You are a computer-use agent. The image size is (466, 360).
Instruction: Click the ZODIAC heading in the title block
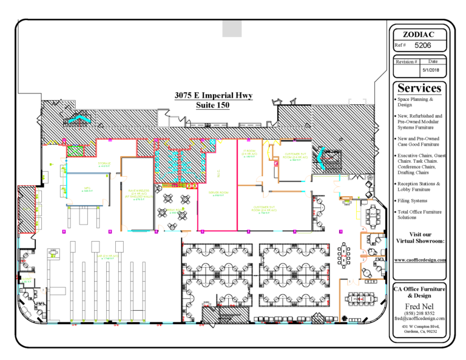418,34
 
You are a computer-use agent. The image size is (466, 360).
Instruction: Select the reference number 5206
423,45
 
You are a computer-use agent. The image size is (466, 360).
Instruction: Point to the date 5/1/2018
433,70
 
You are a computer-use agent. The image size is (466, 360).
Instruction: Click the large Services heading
419,88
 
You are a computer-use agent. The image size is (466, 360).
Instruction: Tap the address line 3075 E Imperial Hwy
213,96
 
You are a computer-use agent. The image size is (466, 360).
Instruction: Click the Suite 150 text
213,105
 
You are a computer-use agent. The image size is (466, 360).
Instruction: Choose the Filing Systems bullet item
413,200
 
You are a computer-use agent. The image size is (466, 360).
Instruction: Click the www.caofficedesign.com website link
420,260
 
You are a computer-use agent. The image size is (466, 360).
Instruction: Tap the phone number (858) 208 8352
419,313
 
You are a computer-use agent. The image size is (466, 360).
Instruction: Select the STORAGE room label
104,164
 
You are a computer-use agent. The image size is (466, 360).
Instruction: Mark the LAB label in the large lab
107,257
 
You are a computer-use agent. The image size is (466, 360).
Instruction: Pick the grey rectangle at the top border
232,28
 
